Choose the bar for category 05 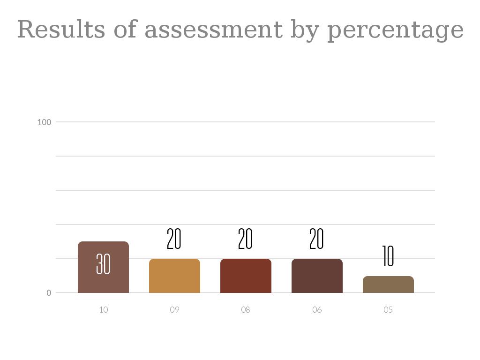388,285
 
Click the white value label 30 103,264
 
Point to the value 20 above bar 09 174,239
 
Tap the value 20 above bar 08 245,239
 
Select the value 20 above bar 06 316,239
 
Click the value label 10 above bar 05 388,256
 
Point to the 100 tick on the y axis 44,122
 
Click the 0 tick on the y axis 49,293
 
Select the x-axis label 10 104,310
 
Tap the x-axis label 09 174,310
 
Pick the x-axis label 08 246,310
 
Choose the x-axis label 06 317,310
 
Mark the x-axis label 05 388,310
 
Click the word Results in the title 61,30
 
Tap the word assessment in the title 213,30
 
